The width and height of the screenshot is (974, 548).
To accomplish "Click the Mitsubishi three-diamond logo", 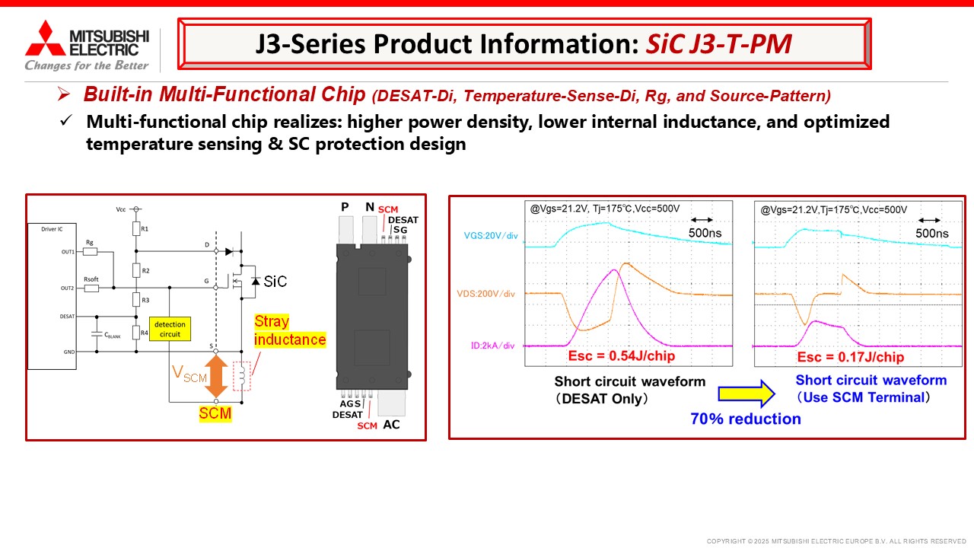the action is [45, 38].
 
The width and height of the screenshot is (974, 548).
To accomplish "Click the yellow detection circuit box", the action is [170, 329].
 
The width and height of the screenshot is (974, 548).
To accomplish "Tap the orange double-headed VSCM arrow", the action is [216, 376].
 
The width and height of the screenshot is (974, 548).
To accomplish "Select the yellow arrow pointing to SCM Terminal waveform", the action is [746, 393].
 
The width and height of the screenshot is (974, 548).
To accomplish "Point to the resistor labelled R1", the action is [136, 228].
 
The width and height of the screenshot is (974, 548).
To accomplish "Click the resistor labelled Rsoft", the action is [91, 288].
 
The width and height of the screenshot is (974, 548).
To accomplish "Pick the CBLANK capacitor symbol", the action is [97, 334].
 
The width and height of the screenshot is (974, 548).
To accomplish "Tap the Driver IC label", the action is [52, 229].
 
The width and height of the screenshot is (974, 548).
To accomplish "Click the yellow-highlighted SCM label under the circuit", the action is [215, 413].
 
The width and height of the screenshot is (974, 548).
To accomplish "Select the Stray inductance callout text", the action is [290, 330].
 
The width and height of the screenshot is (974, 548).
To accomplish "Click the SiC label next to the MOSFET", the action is [275, 282].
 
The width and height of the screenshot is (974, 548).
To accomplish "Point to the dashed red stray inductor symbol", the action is [242, 376].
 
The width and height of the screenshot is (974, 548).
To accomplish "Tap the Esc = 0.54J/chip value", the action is [622, 355].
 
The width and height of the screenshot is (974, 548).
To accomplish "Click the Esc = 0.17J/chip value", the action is [851, 357].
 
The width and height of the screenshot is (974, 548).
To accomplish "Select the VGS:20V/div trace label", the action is [491, 236].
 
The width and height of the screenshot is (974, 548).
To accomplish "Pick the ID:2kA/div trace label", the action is [492, 346].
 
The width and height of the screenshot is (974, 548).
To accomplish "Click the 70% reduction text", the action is [746, 419].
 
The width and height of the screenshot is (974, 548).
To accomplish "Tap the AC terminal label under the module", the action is [391, 425].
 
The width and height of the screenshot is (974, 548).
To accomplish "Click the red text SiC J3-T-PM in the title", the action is [719, 44].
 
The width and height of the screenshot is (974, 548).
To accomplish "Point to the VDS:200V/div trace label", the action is [485, 294].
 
